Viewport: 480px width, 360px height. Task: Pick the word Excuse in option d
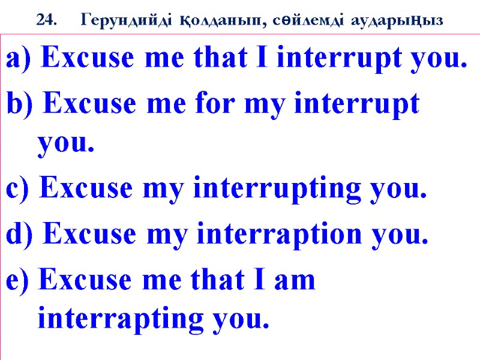pos(85,235)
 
